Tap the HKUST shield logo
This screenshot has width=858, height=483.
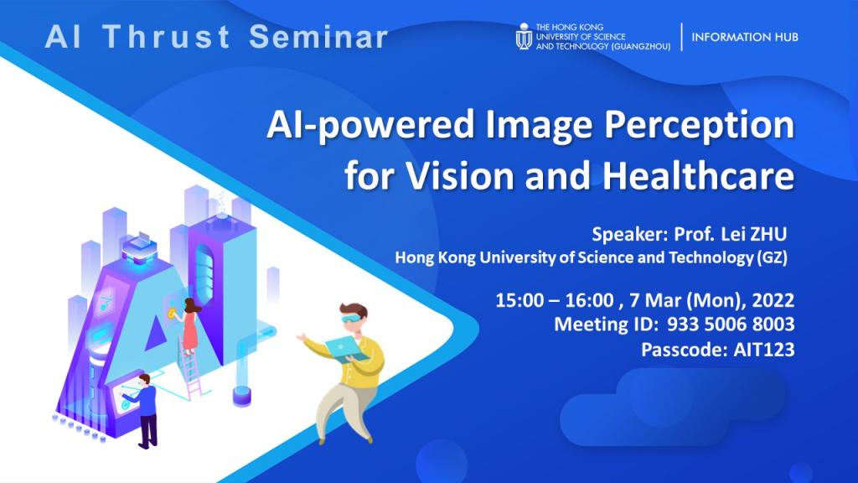(524, 36)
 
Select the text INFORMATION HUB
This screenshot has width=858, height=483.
(745, 37)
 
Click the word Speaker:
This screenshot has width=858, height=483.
(628, 233)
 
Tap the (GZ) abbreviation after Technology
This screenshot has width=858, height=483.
(770, 258)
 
